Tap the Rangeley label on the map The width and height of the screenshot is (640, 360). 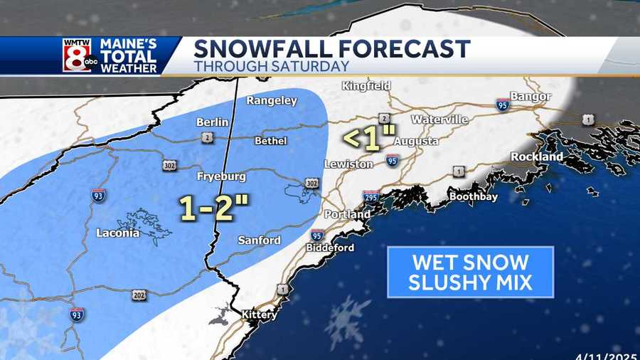[x=272, y=101]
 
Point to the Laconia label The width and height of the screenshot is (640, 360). [x=118, y=233]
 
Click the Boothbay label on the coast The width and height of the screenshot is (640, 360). [x=473, y=196]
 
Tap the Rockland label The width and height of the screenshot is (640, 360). [x=536, y=157]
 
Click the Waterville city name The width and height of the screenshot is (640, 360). [x=439, y=119]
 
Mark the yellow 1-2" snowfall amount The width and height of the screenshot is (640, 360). [x=213, y=207]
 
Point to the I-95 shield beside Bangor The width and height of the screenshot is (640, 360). [x=502, y=105]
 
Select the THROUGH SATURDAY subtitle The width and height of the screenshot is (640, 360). [x=271, y=66]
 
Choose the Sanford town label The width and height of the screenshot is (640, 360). [x=260, y=240]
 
